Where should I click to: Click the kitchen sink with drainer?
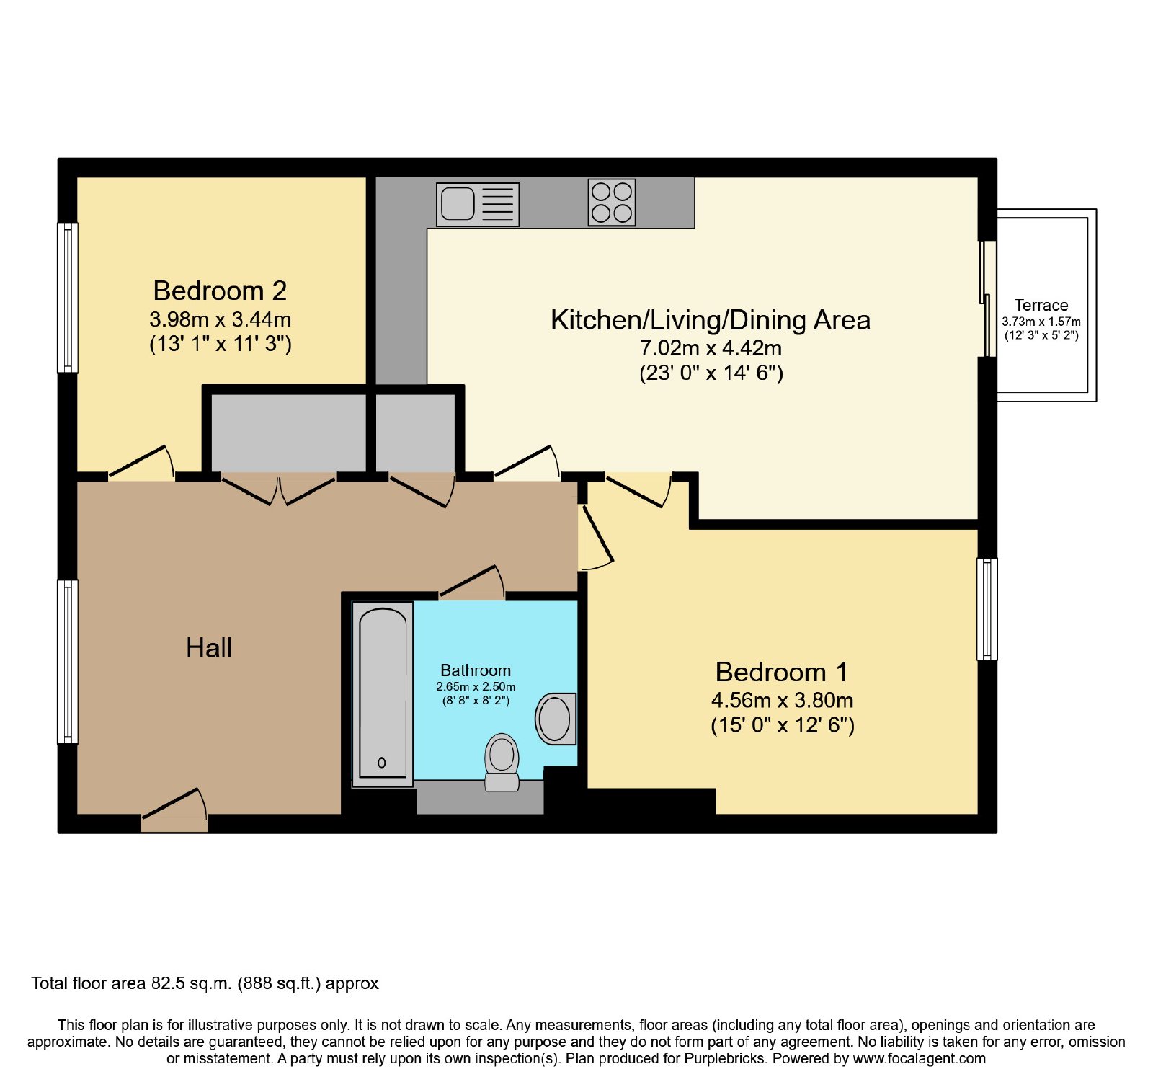(478, 203)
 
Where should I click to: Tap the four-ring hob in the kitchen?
(612, 202)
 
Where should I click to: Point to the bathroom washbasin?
(556, 719)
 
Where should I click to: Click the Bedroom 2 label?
(220, 291)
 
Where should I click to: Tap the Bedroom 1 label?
(782, 672)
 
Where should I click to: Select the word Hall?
(209, 648)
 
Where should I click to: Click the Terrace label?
(1041, 305)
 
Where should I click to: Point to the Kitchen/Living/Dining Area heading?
(711, 320)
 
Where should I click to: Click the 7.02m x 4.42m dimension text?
(711, 348)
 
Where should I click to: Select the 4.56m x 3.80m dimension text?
(783, 700)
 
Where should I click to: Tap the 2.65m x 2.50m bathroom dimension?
(476, 687)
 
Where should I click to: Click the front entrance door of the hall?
(174, 810)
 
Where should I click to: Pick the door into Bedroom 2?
(141, 463)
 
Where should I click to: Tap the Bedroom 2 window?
(68, 298)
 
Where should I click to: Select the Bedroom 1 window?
(987, 609)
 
